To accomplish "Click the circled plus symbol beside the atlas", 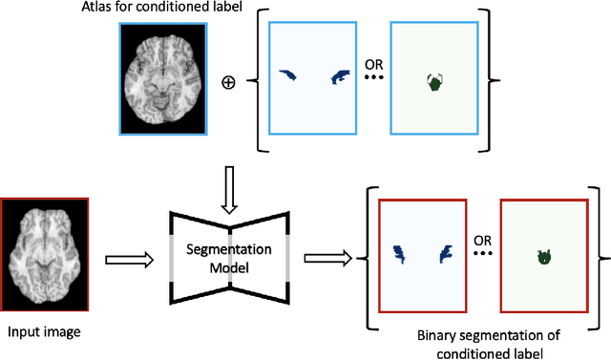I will click(227, 82).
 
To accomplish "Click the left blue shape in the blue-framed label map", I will click(287, 74).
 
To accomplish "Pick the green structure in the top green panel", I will click(434, 83).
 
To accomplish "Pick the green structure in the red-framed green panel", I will click(544, 256).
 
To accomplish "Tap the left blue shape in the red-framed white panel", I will click(399, 254).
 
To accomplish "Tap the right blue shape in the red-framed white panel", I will click(444, 253).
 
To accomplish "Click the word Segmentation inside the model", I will click(230, 249).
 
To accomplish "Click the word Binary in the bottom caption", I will click(437, 336).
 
